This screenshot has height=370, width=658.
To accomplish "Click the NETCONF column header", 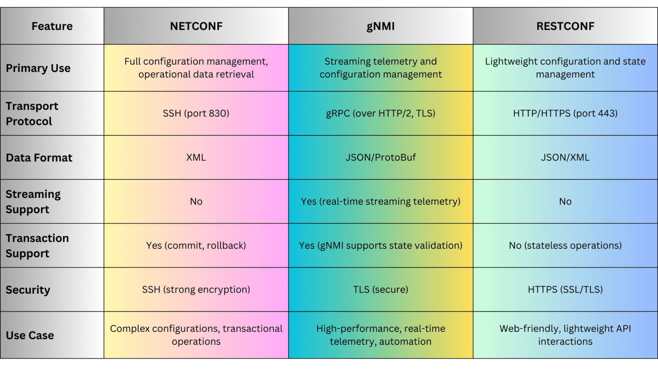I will [x=196, y=26].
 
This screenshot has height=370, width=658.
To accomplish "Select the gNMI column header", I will [x=380, y=26].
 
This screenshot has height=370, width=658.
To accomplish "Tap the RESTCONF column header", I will [x=565, y=26].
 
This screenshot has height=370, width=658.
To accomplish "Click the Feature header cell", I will [x=52, y=26].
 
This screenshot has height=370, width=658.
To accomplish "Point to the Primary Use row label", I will [x=38, y=68].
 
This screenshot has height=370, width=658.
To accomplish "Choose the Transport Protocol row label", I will [x=32, y=113].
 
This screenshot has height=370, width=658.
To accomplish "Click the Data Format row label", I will [x=39, y=158].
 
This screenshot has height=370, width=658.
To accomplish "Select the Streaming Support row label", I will [x=33, y=202].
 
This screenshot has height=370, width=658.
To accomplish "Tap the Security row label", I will [x=28, y=290].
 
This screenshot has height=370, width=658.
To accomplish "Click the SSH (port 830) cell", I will [x=196, y=113].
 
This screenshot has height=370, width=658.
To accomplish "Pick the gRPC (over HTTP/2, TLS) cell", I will [x=380, y=113].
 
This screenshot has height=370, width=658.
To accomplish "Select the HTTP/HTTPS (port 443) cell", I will [x=565, y=113].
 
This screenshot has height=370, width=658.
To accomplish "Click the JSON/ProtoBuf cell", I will [x=380, y=158].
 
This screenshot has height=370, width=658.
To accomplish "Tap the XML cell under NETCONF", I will [x=196, y=158].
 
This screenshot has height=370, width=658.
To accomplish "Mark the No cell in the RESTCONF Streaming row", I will [x=565, y=201].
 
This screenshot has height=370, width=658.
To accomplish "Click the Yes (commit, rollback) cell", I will [x=196, y=245].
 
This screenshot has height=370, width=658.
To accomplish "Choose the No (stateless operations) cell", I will [x=565, y=245].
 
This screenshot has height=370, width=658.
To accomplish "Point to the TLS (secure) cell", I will [x=380, y=289].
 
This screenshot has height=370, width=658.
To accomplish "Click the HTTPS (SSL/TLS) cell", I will [x=565, y=289].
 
